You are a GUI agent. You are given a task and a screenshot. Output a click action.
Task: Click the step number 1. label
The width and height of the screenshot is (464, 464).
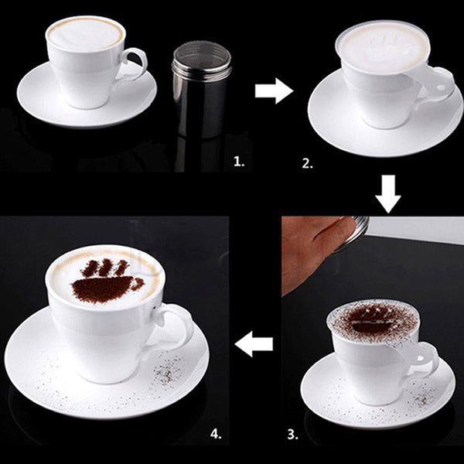coord(239,162)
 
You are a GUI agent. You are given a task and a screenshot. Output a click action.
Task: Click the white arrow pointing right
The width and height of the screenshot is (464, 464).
coord(274,92)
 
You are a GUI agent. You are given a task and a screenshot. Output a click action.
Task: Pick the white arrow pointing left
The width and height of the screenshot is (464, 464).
coord(254,343)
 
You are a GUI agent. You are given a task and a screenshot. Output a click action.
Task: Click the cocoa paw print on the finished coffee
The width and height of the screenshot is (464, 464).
coord(108,282)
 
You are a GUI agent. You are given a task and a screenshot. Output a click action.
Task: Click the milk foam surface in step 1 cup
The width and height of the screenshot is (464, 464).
coord(85,33)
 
